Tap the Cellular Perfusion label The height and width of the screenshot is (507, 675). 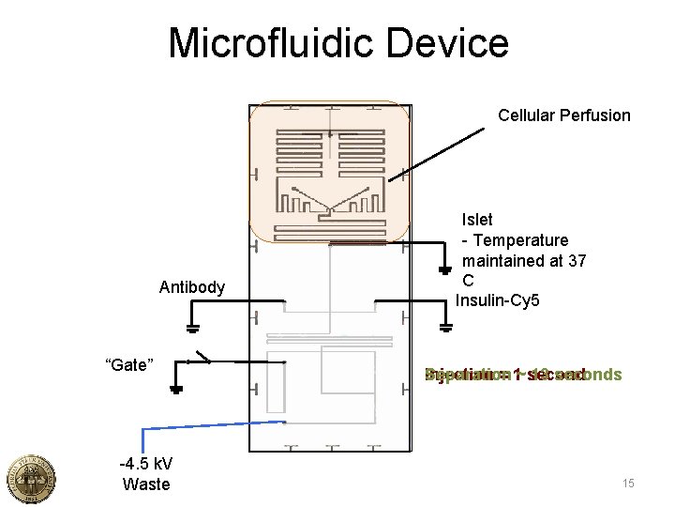[564, 115]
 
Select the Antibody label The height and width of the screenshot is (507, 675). [192, 287]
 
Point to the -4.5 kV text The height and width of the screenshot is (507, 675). [145, 465]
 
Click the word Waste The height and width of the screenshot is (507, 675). [146, 484]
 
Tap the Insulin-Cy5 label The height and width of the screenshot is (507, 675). [498, 301]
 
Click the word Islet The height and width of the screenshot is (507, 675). [477, 220]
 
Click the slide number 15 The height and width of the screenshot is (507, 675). [628, 484]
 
